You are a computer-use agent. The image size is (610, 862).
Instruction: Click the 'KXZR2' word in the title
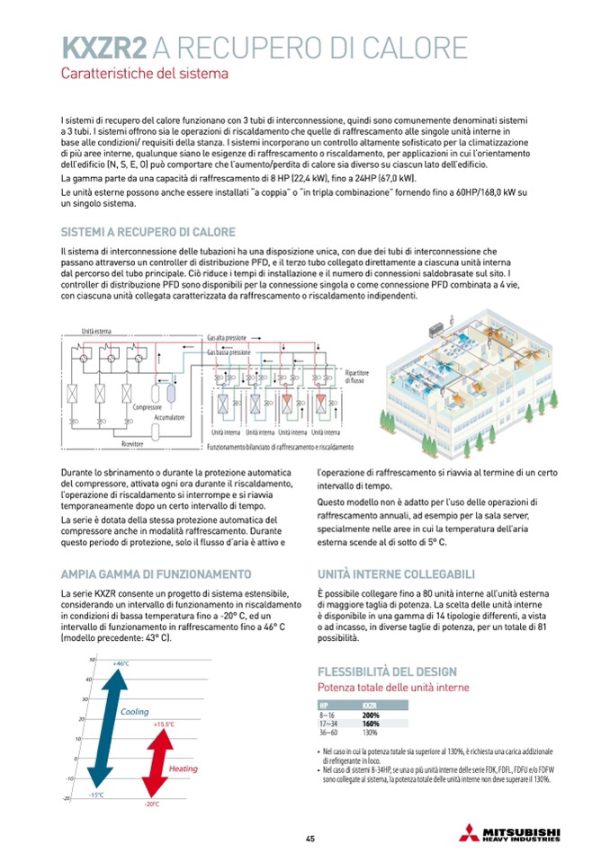tap(103, 47)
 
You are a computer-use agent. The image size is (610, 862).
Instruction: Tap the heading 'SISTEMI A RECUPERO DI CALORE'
tap(148, 231)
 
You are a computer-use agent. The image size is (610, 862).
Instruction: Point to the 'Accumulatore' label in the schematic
tap(167, 418)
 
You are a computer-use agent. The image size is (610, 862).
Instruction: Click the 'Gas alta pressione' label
tap(227, 336)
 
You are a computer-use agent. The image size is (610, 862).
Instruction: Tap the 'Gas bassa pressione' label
tap(229, 353)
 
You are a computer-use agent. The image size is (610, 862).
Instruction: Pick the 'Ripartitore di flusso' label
tap(357, 376)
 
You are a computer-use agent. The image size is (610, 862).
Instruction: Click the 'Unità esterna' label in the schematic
tap(96, 330)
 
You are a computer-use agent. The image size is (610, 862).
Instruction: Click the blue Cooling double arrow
tap(105, 727)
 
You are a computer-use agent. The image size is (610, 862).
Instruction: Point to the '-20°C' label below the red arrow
tap(151, 803)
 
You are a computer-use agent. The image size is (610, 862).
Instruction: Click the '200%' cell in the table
tap(371, 715)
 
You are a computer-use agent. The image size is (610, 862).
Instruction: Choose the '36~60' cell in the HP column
tap(329, 733)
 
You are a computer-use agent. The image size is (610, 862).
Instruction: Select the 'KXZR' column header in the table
tap(370, 706)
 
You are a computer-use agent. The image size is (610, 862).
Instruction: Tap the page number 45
tap(309, 839)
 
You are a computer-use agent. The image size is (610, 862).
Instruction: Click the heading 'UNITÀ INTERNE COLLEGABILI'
tap(397, 573)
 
